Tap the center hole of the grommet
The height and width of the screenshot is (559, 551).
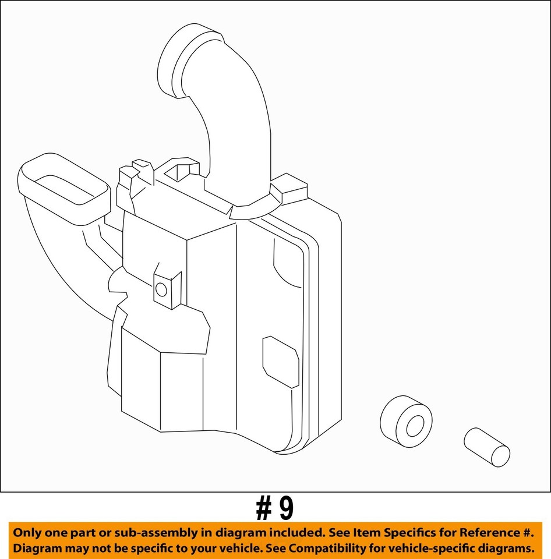point(415,426)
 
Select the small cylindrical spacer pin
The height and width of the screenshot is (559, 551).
point(487,447)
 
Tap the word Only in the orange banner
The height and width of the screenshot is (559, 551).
point(28,532)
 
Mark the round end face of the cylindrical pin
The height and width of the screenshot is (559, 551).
point(500,456)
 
